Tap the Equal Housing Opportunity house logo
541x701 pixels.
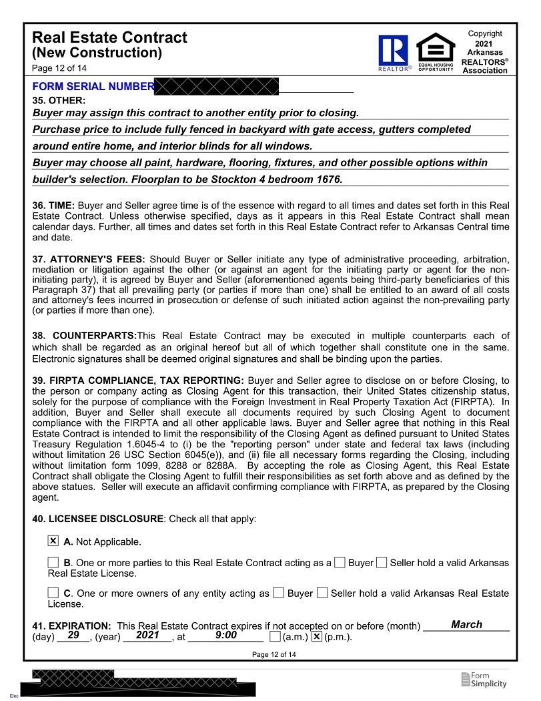click(x=436, y=50)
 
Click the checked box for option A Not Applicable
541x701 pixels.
click(x=53, y=541)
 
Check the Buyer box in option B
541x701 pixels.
click(x=340, y=562)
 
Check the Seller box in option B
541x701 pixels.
click(x=382, y=562)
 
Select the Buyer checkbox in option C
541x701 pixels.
click(x=279, y=592)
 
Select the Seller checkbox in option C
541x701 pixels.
click(x=322, y=592)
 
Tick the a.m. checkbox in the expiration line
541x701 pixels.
click(x=275, y=636)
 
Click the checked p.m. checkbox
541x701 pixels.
click(x=317, y=636)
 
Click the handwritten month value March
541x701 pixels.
click(x=466, y=625)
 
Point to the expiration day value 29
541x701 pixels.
click(x=74, y=636)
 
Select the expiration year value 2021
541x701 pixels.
click(x=147, y=636)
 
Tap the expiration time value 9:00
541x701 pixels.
click(x=226, y=636)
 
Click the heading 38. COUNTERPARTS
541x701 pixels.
click(x=84, y=335)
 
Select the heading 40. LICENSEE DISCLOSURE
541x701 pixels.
click(x=97, y=519)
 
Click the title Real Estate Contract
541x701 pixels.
click(x=109, y=38)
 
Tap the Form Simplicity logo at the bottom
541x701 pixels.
click(x=484, y=680)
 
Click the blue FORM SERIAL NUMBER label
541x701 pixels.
click(x=93, y=87)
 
